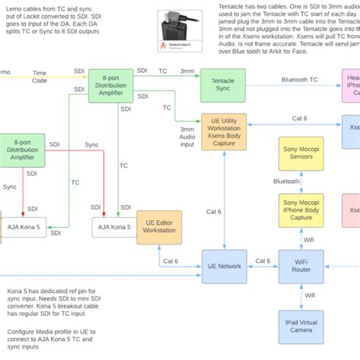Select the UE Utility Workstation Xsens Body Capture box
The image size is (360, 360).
pos(223,132)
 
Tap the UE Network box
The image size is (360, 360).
pos(223,267)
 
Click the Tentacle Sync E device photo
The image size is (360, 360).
pos(181,31)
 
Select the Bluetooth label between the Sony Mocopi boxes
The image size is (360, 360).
pos(286,182)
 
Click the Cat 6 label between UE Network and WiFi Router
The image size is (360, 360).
pos(263,261)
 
